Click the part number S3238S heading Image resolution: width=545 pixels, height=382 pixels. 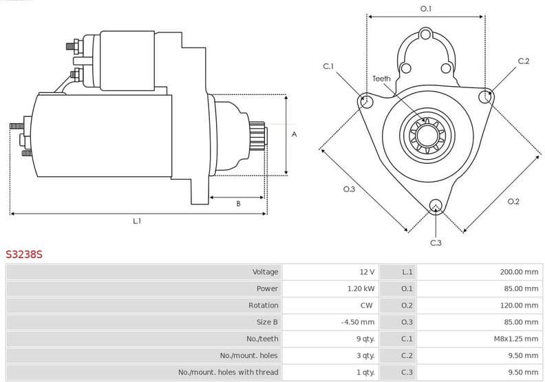click(25, 254)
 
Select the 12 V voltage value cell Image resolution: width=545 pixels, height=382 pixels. click(367, 272)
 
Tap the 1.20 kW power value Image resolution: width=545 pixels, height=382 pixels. click(361, 288)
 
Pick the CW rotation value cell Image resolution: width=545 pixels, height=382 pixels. click(366, 305)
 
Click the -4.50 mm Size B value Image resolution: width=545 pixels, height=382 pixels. click(358, 321)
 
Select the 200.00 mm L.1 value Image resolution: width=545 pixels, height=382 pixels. click(519, 272)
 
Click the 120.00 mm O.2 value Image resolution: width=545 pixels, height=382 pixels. click(519, 305)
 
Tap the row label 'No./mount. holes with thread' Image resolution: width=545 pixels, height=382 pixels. click(228, 372)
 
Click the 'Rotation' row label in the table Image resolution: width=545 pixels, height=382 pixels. click(263, 305)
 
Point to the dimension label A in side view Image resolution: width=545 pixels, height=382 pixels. click(294, 134)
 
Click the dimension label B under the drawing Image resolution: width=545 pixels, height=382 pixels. click(238, 204)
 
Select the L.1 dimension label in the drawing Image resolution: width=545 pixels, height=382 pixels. click(137, 221)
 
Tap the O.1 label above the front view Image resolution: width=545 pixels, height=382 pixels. click(426, 9)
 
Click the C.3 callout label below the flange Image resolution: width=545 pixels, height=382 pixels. click(436, 243)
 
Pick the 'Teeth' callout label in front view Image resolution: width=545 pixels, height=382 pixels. click(381, 78)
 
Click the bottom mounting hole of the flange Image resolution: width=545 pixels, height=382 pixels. click(435, 205)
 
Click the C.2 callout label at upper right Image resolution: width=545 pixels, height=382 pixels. click(524, 61)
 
